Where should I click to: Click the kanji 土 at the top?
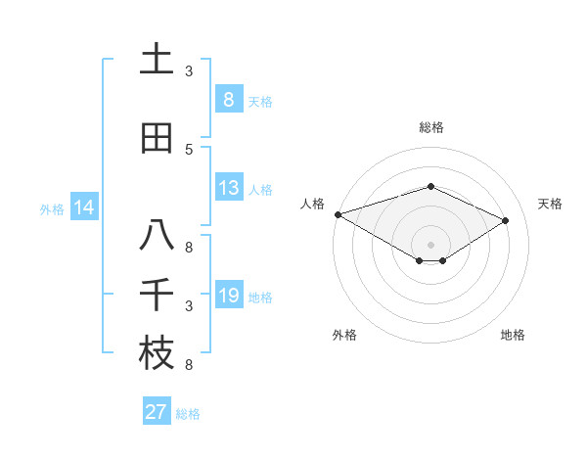[x=157, y=59]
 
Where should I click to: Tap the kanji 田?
[x=157, y=138]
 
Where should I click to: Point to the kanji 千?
[x=157, y=296]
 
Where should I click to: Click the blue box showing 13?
[x=229, y=189]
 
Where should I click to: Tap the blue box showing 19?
[x=229, y=297]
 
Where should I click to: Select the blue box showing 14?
[x=84, y=207]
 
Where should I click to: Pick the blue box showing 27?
[x=157, y=412]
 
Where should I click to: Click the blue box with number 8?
[x=229, y=100]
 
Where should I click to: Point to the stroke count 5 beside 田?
[x=189, y=149]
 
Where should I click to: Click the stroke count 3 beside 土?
[x=189, y=71]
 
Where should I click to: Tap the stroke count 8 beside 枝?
[x=189, y=365]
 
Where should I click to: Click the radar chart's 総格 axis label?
[x=430, y=127]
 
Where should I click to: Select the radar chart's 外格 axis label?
[x=344, y=335]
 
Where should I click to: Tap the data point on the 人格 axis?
[x=338, y=214]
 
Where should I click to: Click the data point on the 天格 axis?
[x=506, y=220]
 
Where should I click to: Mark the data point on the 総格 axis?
[x=430, y=186]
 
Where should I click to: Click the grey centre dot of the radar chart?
[x=430, y=244]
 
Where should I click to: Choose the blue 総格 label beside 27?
[x=188, y=414]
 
